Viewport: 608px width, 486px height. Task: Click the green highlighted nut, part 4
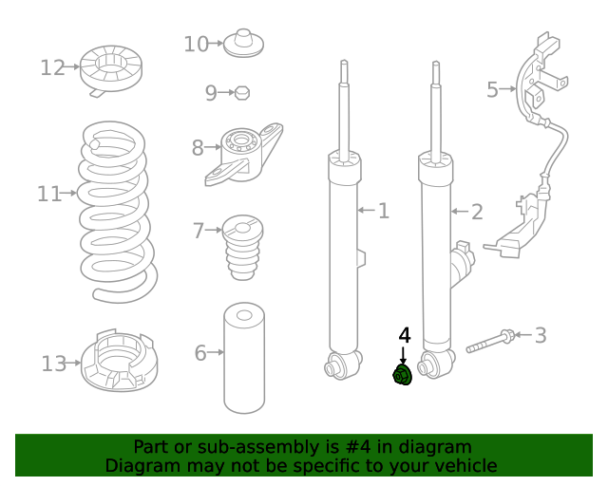click(402, 375)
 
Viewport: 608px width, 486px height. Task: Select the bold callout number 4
click(404, 336)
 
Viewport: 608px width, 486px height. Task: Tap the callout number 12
click(53, 67)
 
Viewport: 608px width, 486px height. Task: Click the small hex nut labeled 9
click(242, 93)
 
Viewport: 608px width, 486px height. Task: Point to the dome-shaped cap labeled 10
click(243, 43)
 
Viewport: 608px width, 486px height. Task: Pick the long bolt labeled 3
click(490, 341)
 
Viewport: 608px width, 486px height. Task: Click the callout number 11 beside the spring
click(48, 194)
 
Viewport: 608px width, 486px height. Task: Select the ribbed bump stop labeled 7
click(243, 247)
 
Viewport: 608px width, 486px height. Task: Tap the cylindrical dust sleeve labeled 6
click(244, 358)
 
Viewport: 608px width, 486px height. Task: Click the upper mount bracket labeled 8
click(244, 155)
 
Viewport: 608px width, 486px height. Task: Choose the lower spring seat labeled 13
click(119, 361)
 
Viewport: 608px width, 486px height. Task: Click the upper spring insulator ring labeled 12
click(111, 70)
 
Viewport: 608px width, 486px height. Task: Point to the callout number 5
click(492, 89)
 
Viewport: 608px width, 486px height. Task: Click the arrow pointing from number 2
click(460, 212)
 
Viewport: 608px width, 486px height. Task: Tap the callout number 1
click(384, 211)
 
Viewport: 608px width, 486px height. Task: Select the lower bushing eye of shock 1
click(343, 364)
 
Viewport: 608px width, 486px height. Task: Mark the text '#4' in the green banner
click(357, 447)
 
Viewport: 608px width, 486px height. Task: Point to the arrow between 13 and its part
click(73, 364)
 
